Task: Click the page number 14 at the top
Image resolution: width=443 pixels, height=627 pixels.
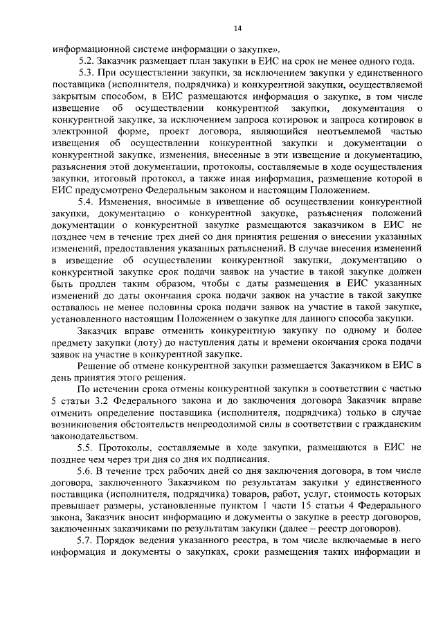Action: coord(237,28)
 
